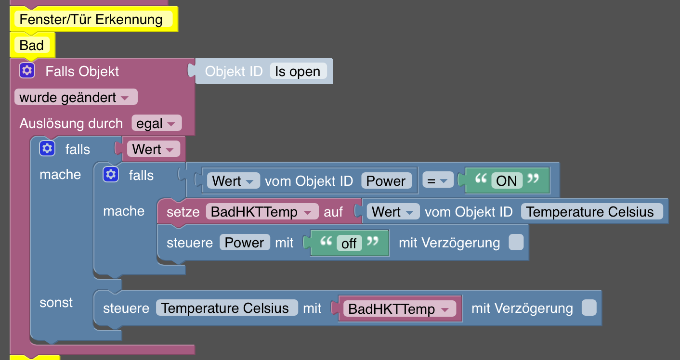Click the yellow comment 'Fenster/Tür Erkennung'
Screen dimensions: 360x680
coord(91,20)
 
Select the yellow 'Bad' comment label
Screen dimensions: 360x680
coord(32,46)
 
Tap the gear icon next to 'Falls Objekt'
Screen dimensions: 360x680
coord(27,71)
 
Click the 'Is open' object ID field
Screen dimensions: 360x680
coord(298,72)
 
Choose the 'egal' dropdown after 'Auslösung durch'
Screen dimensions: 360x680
coord(156,124)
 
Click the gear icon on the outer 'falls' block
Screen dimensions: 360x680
coord(47,149)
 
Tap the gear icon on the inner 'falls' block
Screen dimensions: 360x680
coord(111,175)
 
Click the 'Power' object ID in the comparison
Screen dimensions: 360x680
coord(386,181)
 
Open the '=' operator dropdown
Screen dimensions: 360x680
coord(437,181)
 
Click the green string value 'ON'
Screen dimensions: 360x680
coord(506,181)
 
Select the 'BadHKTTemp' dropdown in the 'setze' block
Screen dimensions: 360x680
coord(262,212)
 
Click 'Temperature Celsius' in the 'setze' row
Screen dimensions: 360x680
coord(590,212)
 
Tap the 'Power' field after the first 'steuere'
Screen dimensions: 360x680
coord(244,243)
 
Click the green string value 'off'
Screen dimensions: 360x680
coord(349,243)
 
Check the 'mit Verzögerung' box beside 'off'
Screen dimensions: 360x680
coord(516,242)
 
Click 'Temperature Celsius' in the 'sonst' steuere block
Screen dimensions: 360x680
coord(225,308)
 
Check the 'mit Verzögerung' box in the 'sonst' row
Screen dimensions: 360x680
coord(588,308)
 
